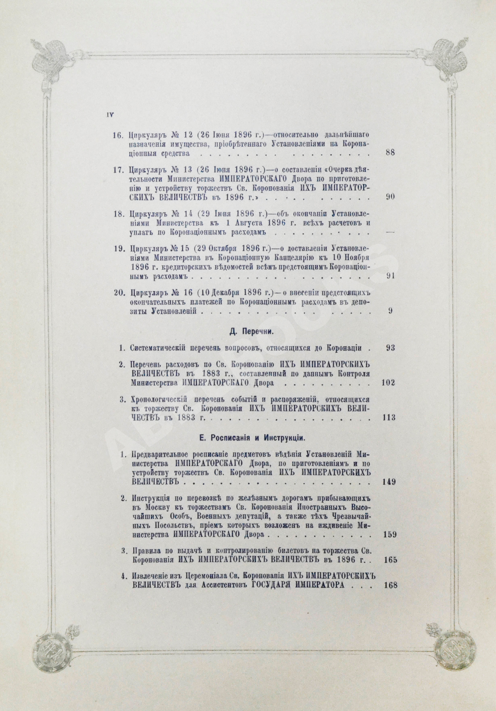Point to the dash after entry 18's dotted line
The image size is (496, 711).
(x=391, y=233)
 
